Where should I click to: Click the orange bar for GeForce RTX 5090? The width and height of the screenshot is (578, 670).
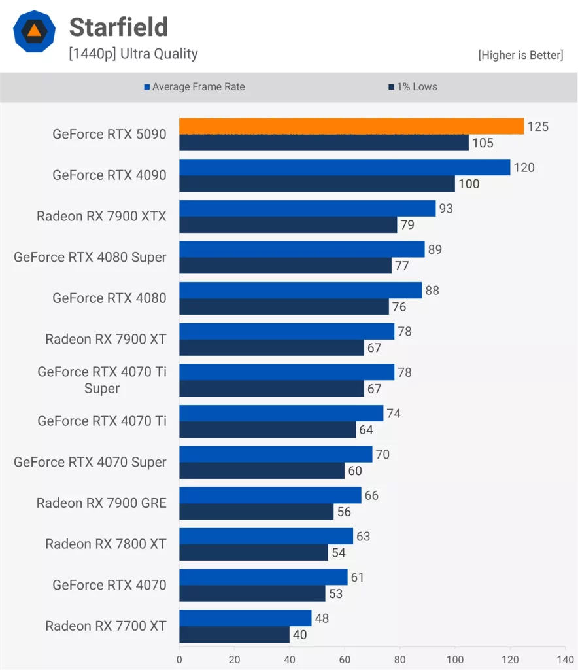[351, 126]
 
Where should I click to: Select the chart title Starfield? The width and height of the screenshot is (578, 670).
[118, 27]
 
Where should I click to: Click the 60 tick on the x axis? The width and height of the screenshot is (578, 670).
[345, 660]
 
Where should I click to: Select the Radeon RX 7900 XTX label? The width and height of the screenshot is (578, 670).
[101, 216]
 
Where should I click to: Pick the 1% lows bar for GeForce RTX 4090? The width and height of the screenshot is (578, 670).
[316, 184]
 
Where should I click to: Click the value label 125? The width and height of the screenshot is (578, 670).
[538, 126]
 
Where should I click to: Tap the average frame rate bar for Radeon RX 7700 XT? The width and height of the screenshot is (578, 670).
[245, 618]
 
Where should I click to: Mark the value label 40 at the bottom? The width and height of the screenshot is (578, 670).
[299, 635]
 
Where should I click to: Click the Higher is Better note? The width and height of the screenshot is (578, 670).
[520, 55]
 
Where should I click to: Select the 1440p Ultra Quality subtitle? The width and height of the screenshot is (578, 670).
[133, 54]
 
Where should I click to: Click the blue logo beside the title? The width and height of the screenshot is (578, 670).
[35, 31]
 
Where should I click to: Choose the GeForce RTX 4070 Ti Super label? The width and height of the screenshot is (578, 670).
[102, 380]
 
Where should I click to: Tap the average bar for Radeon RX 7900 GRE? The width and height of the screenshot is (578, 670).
[270, 495]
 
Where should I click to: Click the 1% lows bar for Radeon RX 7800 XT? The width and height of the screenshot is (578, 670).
[253, 553]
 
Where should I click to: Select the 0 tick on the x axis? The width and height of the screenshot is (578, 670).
[179, 660]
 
